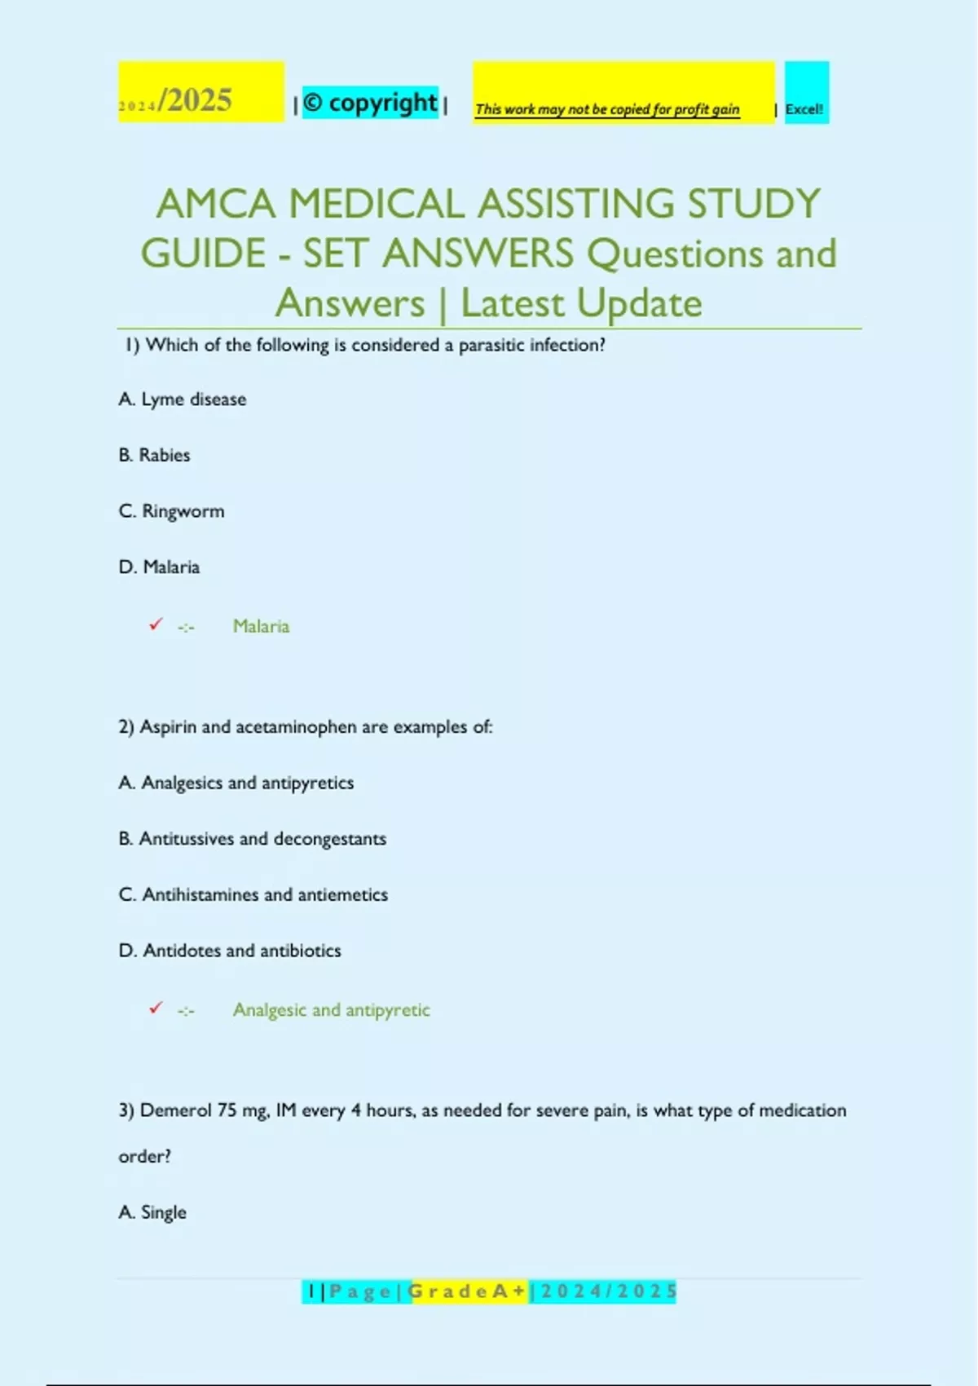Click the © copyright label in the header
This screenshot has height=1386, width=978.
(x=371, y=103)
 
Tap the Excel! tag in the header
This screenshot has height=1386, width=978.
(x=805, y=108)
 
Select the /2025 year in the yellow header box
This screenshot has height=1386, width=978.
(x=196, y=100)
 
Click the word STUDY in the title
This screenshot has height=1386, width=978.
(x=754, y=204)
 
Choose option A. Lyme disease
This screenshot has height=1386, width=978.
(x=183, y=399)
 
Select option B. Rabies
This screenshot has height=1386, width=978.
(x=155, y=455)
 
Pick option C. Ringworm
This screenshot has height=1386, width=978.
(x=172, y=511)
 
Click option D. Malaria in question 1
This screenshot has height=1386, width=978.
(x=160, y=567)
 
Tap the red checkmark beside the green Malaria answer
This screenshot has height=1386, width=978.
(x=156, y=625)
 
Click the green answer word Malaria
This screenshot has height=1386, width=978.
(x=261, y=626)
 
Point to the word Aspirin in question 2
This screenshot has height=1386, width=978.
(x=169, y=726)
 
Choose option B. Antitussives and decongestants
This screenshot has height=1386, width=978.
(x=253, y=839)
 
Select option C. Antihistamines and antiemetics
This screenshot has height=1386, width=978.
(x=253, y=894)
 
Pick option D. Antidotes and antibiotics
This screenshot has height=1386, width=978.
(x=230, y=951)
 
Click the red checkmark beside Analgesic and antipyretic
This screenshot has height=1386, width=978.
(x=156, y=1008)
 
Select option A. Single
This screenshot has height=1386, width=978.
(x=152, y=1212)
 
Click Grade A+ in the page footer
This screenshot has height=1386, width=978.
(x=468, y=1291)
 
